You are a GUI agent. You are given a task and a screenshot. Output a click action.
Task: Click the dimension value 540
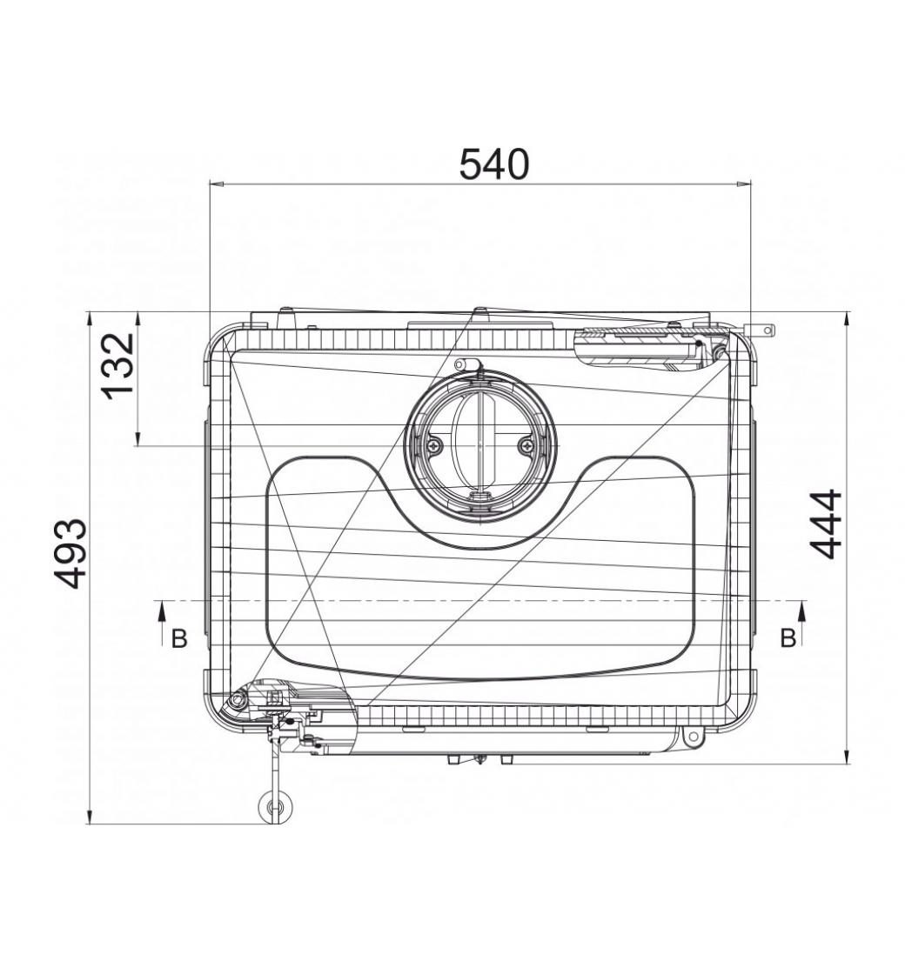click(x=494, y=164)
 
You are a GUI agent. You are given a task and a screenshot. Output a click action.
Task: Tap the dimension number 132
click(x=118, y=366)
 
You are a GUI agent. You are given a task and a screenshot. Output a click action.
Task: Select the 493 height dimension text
click(x=70, y=553)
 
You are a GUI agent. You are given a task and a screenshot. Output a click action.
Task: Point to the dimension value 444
click(x=826, y=525)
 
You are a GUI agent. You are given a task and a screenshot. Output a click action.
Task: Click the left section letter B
click(x=179, y=638)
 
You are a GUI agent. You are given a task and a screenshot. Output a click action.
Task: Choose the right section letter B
click(x=788, y=638)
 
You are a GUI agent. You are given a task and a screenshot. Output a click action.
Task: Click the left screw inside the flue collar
click(x=434, y=444)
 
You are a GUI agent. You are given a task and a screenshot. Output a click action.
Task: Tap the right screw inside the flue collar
click(x=527, y=444)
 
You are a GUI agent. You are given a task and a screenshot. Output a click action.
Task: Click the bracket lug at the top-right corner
click(x=762, y=330)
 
